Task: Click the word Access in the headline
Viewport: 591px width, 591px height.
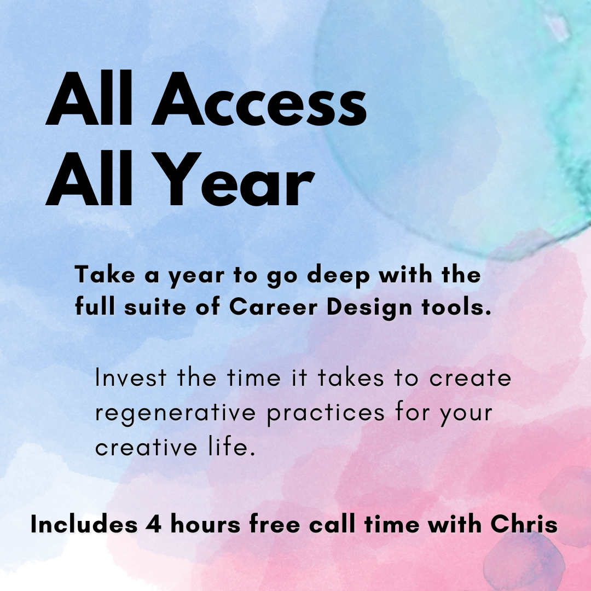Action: (x=258, y=101)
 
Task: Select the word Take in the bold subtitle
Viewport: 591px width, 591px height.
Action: (x=100, y=275)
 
